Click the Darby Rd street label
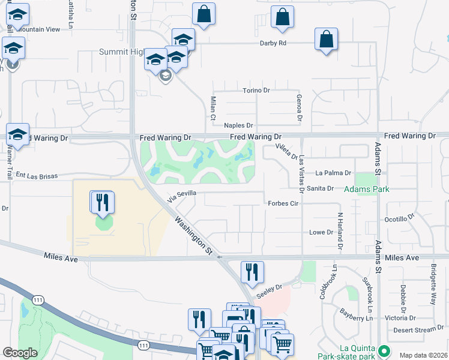[x=273, y=43]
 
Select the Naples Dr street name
[x=235, y=125]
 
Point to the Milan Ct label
[x=212, y=108]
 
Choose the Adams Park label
[x=367, y=190]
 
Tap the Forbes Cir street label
[x=283, y=203]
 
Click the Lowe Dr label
[x=321, y=232]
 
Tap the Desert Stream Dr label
[x=419, y=329]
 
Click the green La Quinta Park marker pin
[x=385, y=349]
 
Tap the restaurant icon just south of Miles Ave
[x=252, y=272]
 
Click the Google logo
[x=20, y=353]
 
